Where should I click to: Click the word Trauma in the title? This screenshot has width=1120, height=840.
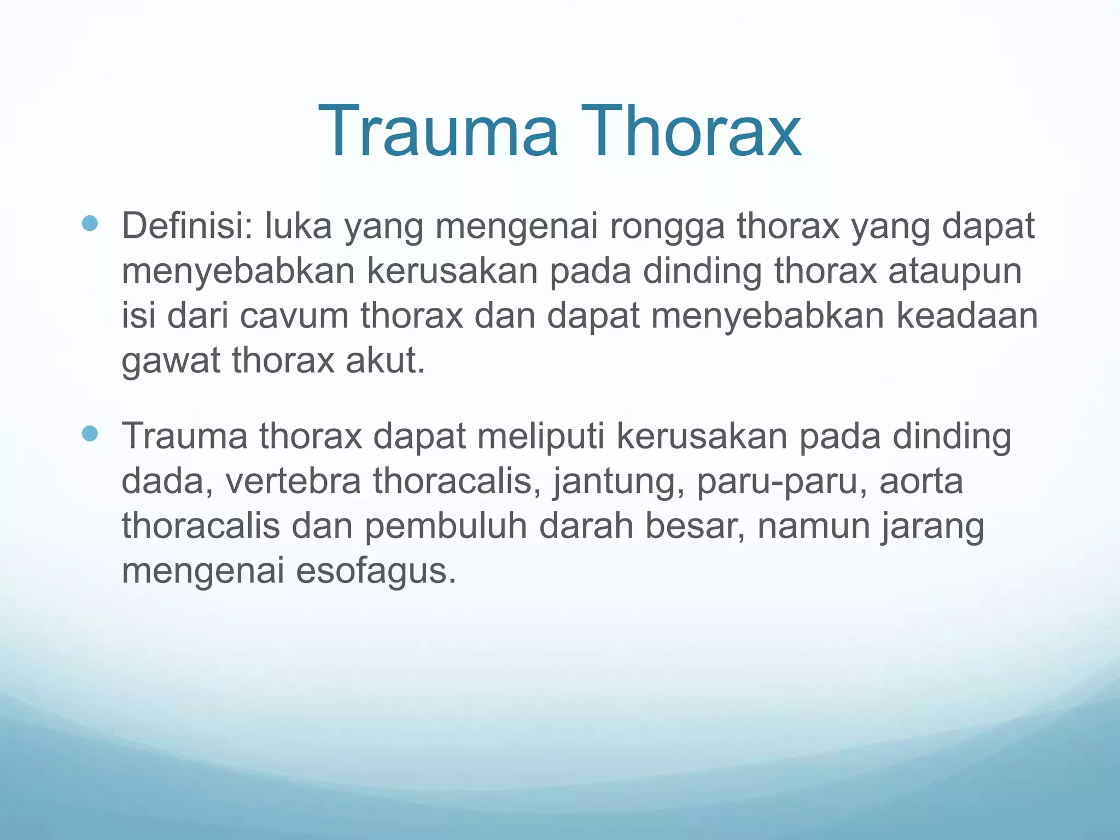click(x=438, y=132)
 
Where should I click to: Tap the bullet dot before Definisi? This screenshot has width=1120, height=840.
click(x=89, y=223)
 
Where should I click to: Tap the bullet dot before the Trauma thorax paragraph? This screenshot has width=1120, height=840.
click(x=89, y=434)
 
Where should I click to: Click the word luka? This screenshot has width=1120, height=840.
click(x=298, y=226)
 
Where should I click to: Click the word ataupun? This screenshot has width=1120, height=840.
click(x=955, y=272)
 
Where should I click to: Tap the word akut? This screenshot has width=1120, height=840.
click(x=385, y=361)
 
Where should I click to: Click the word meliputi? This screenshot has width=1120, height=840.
click(x=541, y=436)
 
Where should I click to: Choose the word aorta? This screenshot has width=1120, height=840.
click(x=921, y=481)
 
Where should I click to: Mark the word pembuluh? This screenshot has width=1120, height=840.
click(x=446, y=526)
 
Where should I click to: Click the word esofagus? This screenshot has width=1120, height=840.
click(x=376, y=572)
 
